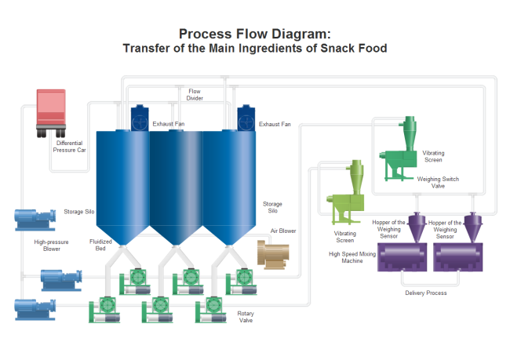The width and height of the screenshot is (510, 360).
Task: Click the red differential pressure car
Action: tap(51, 109)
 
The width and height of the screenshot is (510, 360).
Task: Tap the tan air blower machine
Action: tap(273, 253)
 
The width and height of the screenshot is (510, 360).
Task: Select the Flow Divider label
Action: tap(195, 95)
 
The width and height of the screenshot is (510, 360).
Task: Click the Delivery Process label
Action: tap(426, 293)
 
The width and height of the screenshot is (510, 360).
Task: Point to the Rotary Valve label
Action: tap(246, 317)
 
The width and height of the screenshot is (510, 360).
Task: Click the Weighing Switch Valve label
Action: tap(438, 183)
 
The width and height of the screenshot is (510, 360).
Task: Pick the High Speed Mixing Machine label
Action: tap(346, 257)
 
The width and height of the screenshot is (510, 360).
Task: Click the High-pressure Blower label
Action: tap(47, 245)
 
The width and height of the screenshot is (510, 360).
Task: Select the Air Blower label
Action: tap(283, 231)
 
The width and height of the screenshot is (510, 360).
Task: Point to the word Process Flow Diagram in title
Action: tap(250, 34)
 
